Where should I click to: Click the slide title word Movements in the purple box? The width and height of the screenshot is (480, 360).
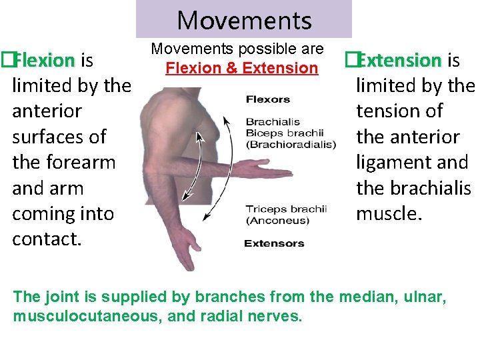[244, 21]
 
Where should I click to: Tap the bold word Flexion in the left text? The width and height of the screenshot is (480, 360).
[45, 61]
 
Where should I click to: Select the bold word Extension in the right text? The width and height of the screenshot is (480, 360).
[399, 61]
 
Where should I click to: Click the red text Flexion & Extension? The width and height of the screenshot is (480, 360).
[242, 68]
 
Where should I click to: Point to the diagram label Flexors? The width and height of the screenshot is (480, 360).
[268, 100]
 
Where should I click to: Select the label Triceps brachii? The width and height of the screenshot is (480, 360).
[286, 209]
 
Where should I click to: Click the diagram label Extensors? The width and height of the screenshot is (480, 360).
[274, 243]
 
